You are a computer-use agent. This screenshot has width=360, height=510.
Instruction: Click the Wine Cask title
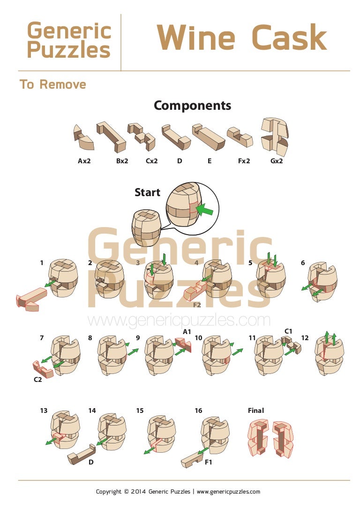(242, 38)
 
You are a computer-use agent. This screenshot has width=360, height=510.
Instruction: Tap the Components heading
(192, 106)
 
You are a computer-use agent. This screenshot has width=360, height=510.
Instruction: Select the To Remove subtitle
(52, 84)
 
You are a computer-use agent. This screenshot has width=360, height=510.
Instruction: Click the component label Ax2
(84, 160)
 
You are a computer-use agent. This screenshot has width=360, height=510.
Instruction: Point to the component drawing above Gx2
(275, 136)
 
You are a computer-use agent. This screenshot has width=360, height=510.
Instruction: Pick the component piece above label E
(208, 137)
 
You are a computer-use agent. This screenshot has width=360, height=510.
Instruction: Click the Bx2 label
(122, 160)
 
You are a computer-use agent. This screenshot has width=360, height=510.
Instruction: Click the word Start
(148, 192)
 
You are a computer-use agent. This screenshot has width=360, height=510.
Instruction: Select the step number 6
(303, 263)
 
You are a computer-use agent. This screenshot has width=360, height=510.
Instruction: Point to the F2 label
(197, 305)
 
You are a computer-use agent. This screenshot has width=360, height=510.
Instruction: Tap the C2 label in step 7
(37, 380)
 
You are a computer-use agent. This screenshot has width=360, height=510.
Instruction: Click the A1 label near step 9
(187, 332)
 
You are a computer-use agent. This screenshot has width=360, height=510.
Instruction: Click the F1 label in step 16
(208, 462)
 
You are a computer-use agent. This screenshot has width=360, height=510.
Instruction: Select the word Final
(256, 411)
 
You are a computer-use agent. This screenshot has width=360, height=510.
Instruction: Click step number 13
(44, 411)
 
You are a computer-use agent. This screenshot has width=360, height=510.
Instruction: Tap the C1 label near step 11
(288, 331)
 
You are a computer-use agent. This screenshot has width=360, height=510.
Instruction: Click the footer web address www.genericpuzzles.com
(228, 491)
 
